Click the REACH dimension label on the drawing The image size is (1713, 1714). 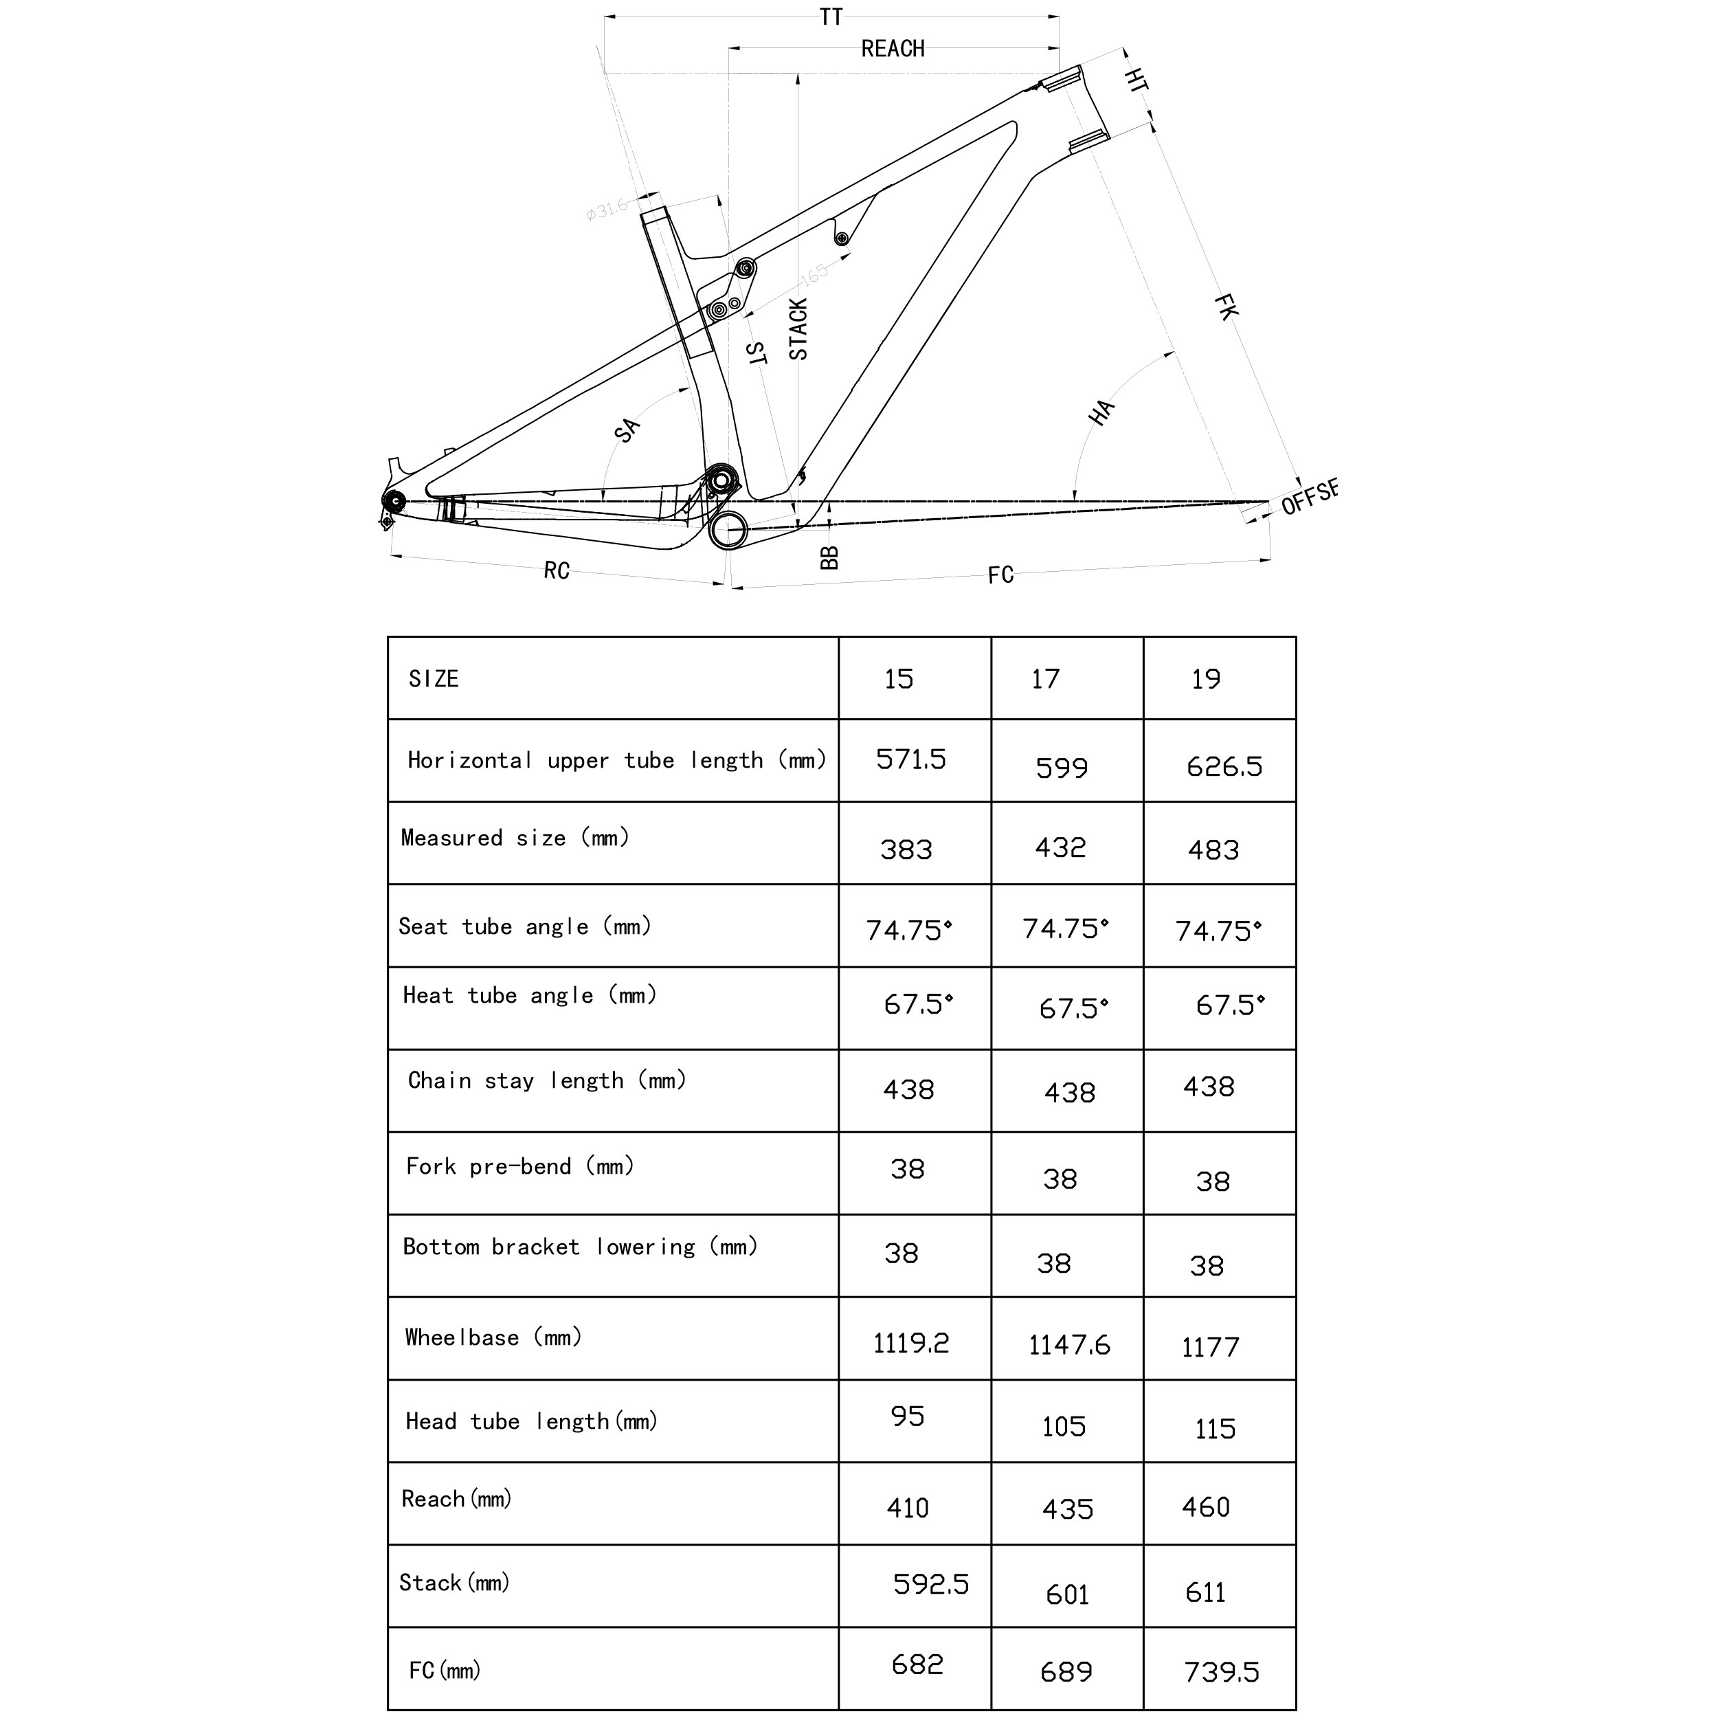[893, 49]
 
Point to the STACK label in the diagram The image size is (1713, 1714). [798, 329]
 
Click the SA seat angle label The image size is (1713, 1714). [626, 430]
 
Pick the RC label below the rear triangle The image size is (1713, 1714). [556, 570]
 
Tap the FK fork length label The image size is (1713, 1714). [1225, 307]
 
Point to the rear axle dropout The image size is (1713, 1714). [393, 502]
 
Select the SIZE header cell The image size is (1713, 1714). [434, 680]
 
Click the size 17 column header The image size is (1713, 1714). [1045, 680]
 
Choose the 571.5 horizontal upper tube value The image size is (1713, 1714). [911, 759]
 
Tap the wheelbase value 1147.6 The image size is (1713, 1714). [1069, 1346]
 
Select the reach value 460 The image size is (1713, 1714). [1206, 1507]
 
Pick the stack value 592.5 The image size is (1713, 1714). [930, 1585]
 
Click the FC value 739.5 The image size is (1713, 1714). [1222, 1672]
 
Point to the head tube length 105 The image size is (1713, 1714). [1064, 1427]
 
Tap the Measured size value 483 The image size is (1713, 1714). [1213, 850]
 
